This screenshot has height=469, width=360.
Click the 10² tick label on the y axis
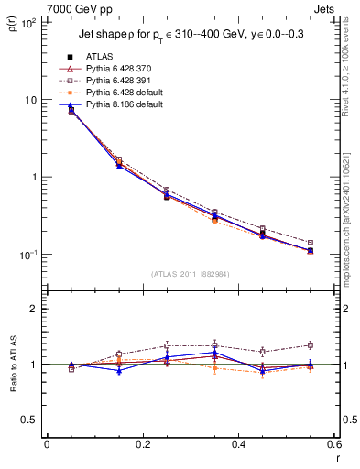pyautogui.click(x=28, y=23)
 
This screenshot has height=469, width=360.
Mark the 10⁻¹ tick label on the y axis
pyautogui.click(x=28, y=255)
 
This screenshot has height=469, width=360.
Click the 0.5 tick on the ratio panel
pyautogui.click(x=30, y=420)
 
